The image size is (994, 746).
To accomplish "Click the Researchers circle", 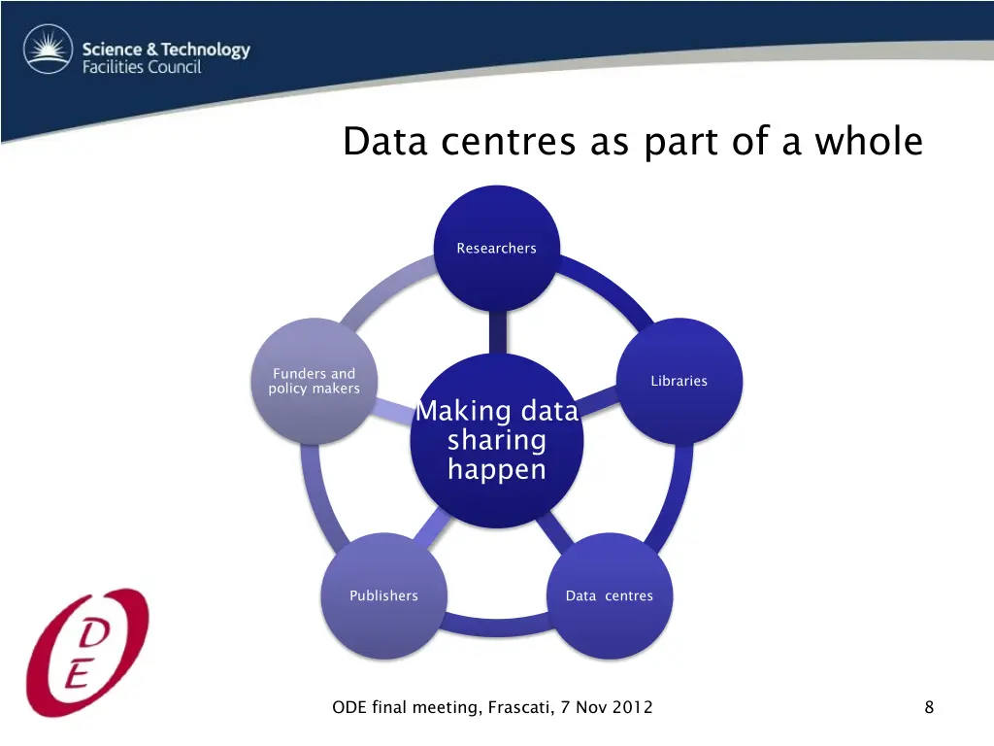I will pyautogui.click(x=496, y=249).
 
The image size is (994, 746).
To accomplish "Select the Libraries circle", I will pyautogui.click(x=679, y=381).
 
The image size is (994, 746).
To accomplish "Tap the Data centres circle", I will pyautogui.click(x=609, y=595).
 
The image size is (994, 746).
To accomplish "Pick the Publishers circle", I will pyautogui.click(x=383, y=595).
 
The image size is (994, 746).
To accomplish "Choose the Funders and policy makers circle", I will pyautogui.click(x=314, y=381).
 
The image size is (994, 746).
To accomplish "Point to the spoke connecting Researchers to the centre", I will pyautogui.click(x=497, y=332).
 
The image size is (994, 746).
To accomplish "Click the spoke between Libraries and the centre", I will pyautogui.click(x=600, y=399).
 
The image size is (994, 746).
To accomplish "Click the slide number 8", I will pyautogui.click(x=929, y=707).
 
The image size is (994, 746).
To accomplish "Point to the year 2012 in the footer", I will pyautogui.click(x=633, y=707).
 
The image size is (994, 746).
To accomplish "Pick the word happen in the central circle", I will pyautogui.click(x=496, y=470).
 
